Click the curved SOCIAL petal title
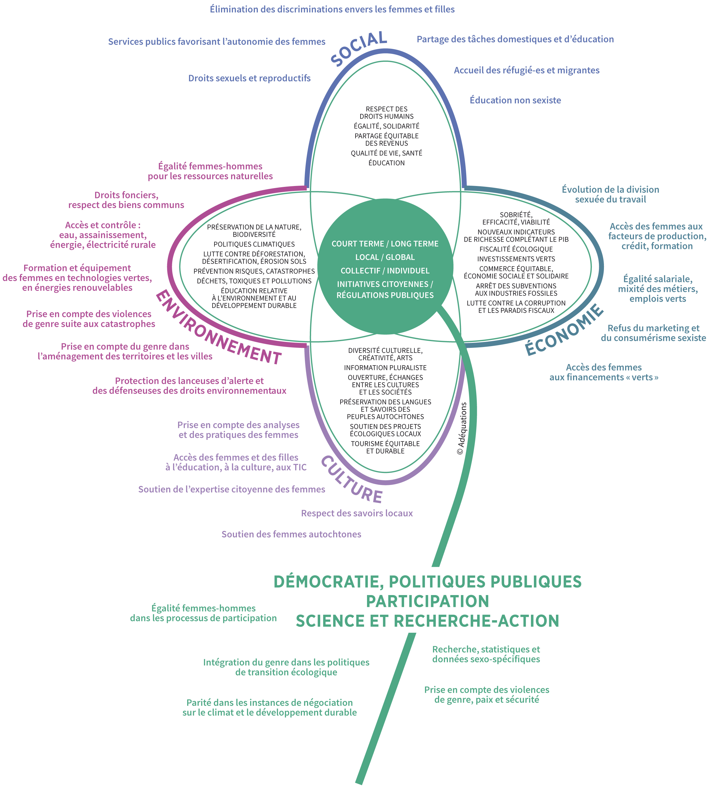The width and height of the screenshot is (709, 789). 359,49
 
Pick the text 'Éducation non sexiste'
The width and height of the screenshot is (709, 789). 515,100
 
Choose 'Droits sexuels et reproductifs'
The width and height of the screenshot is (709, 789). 249,78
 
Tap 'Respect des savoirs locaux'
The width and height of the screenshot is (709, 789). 357,513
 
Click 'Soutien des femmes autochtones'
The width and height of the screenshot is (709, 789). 291,534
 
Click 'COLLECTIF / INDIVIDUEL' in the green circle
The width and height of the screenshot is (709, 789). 385,271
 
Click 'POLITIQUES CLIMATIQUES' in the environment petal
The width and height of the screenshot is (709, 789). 254,244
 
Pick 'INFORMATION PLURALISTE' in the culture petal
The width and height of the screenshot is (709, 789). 385,368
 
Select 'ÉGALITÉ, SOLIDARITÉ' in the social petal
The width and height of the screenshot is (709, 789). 386,126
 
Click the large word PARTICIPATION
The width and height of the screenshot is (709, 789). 427,601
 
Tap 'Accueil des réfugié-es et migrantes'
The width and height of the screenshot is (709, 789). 527,71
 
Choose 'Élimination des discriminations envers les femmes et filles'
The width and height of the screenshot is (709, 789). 332,9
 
